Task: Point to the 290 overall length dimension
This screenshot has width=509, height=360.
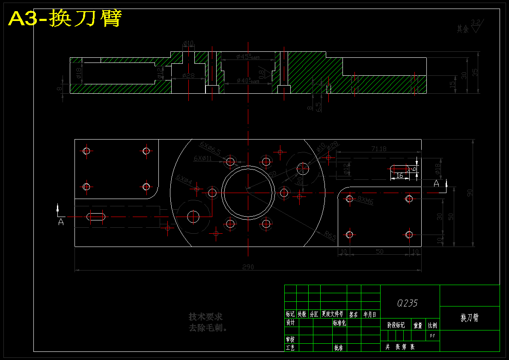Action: (x=248, y=267)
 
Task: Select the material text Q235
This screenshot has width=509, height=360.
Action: (x=407, y=303)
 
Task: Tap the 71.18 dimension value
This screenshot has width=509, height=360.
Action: (x=378, y=149)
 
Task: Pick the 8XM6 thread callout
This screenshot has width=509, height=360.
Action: (x=366, y=200)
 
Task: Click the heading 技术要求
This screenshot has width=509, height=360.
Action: (x=205, y=317)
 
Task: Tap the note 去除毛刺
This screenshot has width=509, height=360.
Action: (x=208, y=328)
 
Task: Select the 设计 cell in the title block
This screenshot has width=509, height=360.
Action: (x=291, y=323)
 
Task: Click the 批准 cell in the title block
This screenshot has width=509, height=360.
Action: (x=339, y=348)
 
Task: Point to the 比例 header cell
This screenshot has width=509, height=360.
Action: (x=432, y=325)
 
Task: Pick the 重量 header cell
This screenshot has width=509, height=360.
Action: (x=418, y=325)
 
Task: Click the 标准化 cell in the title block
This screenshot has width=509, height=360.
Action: (x=339, y=323)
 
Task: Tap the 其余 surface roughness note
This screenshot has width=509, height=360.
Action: (x=462, y=29)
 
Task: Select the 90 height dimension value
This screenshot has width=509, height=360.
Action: (x=470, y=193)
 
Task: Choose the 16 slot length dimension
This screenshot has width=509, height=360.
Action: (x=399, y=176)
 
